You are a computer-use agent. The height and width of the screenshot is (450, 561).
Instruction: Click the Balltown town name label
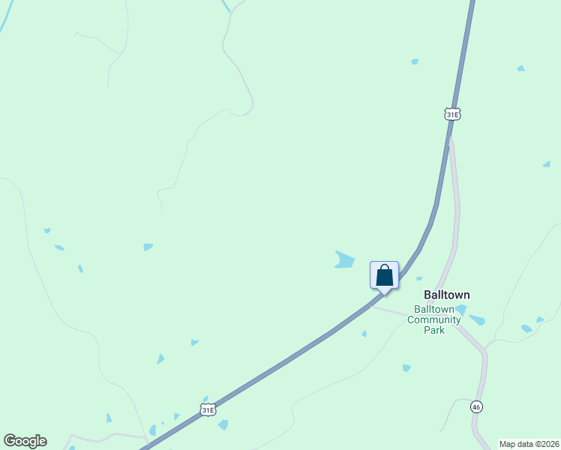447,295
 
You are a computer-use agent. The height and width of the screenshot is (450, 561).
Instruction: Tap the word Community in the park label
433,319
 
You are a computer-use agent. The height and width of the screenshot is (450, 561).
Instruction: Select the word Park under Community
433,330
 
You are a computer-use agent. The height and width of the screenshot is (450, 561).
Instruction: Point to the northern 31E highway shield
451,114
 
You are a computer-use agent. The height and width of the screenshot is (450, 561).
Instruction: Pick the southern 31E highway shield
208,409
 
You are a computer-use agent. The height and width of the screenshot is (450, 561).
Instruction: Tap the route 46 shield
476,406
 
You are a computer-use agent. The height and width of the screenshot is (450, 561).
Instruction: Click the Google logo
25,441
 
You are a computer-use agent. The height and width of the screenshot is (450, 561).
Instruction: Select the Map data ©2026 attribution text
529,444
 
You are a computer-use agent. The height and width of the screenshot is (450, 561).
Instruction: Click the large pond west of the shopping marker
344,260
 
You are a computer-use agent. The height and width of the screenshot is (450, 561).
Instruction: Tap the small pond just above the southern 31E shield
205,399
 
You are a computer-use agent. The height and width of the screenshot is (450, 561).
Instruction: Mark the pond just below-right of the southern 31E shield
223,424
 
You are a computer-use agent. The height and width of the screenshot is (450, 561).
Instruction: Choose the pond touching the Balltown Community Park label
460,309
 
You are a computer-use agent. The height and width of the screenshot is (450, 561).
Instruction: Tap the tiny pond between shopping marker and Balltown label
419,279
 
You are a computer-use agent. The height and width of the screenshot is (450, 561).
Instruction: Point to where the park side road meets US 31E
373,304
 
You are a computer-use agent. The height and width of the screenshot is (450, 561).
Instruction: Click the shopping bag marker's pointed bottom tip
384,292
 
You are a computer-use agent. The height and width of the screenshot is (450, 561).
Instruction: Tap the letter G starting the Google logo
10,440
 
